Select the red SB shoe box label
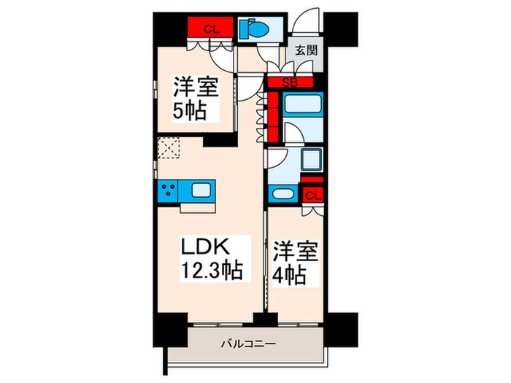pos(290,82)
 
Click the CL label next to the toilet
pos(211,29)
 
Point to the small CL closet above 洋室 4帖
pos(312,195)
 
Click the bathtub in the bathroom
pos(303,107)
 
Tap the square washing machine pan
pos(311,160)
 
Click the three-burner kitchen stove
pos(168,192)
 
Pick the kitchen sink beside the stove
pos(201,192)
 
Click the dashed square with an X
pos(169,150)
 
